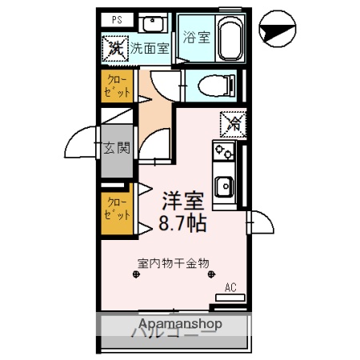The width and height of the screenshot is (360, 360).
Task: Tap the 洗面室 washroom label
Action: click(x=150, y=46)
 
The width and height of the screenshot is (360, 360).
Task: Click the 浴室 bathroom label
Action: click(x=195, y=36)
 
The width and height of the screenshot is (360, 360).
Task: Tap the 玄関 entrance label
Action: click(x=117, y=148)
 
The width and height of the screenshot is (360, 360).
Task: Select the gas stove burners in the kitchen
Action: click(x=222, y=153)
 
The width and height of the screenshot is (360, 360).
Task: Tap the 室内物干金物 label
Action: click(x=173, y=262)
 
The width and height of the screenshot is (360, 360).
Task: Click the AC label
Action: click(x=230, y=286)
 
